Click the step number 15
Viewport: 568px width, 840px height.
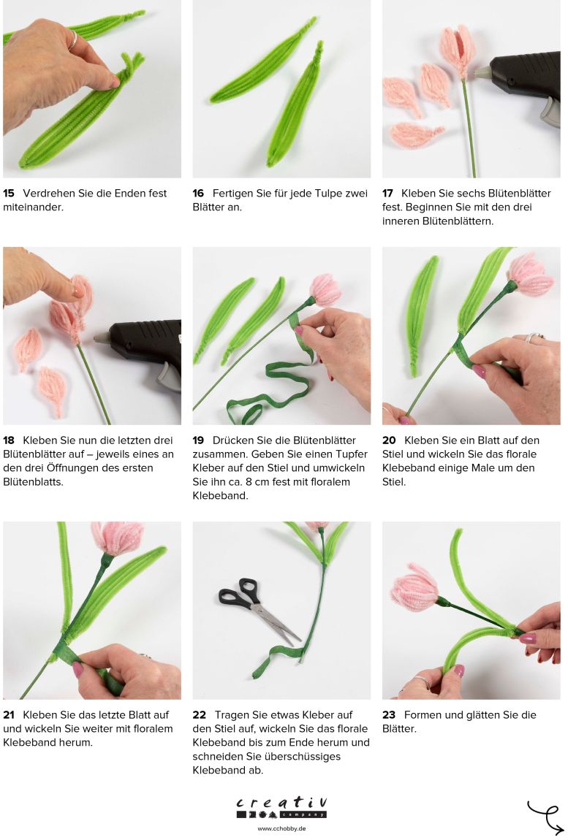coord(9,194)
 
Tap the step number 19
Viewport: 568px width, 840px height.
coord(198,440)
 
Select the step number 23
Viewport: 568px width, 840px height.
coord(388,715)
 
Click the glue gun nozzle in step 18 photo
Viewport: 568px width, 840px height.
coord(102,338)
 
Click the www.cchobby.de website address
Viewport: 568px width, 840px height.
coord(281,828)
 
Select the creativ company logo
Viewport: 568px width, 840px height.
coord(281,807)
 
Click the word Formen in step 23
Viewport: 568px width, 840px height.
coord(423,715)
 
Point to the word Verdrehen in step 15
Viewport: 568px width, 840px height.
coord(48,194)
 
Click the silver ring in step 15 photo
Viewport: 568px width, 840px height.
coord(73,40)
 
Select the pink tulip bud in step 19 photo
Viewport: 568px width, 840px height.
coord(325,289)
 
